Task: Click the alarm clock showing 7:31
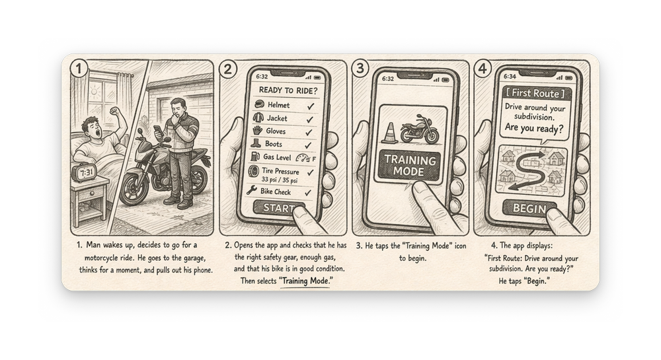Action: click(x=85, y=172)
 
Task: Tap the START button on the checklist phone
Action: click(x=279, y=208)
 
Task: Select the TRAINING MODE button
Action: click(x=409, y=166)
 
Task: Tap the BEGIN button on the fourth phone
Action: click(x=529, y=208)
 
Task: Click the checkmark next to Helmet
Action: click(x=311, y=106)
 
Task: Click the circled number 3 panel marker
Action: click(x=360, y=68)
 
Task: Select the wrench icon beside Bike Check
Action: click(x=252, y=190)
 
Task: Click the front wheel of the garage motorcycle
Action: click(x=134, y=186)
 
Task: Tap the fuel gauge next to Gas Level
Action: click(x=303, y=159)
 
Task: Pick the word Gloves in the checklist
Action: click(x=276, y=131)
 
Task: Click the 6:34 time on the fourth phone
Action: click(x=510, y=76)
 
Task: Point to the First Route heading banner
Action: click(x=535, y=93)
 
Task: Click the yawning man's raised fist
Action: click(x=114, y=111)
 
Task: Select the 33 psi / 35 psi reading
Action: click(x=280, y=180)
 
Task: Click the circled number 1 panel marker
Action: click(x=79, y=68)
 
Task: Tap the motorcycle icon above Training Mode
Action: click(x=420, y=129)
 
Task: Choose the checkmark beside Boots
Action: click(x=309, y=145)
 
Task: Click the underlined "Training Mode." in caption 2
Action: click(x=305, y=281)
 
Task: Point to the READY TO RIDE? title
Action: click(x=288, y=90)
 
